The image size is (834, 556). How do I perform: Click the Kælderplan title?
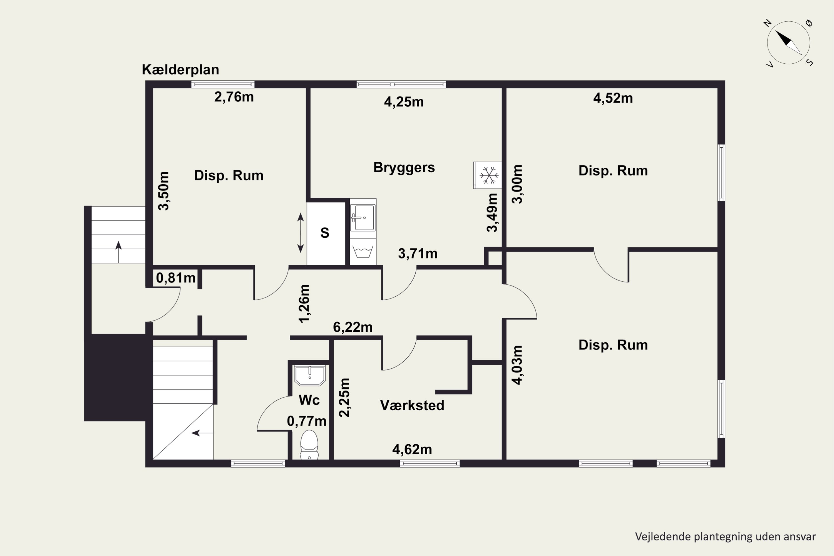[180, 69]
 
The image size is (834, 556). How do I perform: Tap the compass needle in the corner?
[789, 43]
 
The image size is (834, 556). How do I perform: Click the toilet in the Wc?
[309, 445]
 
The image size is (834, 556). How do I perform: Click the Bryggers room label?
[404, 167]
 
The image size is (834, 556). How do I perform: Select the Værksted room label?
[412, 405]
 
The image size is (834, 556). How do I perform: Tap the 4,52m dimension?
[613, 98]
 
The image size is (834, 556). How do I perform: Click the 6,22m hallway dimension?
[353, 327]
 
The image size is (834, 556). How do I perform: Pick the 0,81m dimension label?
[176, 278]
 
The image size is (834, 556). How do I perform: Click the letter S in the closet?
[325, 233]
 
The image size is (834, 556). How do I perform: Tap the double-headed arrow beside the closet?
[300, 233]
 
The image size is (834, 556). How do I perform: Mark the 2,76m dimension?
[234, 97]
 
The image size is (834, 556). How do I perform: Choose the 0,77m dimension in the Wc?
[307, 421]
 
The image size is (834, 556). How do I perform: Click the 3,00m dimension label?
[517, 184]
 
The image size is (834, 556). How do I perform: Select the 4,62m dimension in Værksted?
[412, 450]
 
